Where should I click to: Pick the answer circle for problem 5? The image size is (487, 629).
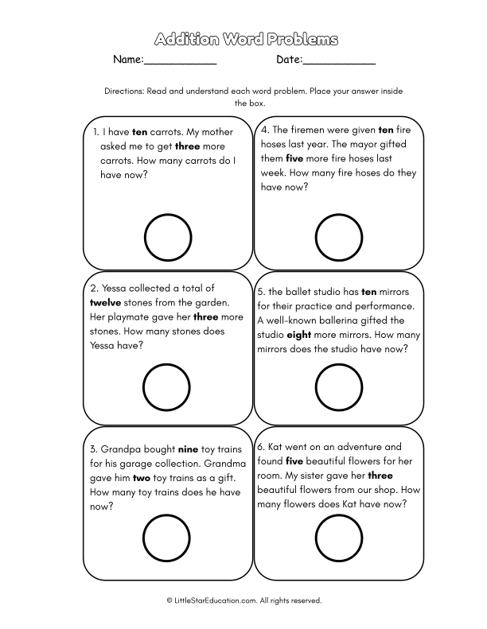(339, 388)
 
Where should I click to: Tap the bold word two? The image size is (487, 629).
(142, 478)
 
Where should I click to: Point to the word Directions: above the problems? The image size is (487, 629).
(124, 91)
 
